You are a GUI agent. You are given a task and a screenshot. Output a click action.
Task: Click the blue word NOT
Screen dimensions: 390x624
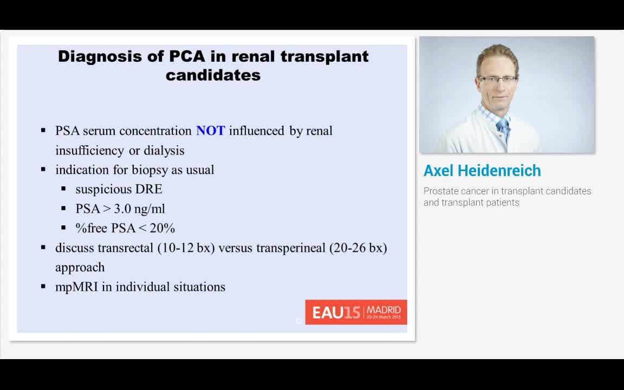(x=210, y=131)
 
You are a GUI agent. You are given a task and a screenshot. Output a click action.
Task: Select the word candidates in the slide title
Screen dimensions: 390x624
(x=213, y=75)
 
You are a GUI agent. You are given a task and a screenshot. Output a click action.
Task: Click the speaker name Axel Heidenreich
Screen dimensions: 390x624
(x=482, y=171)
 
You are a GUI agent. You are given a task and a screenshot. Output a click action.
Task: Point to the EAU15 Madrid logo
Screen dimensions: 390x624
(x=356, y=312)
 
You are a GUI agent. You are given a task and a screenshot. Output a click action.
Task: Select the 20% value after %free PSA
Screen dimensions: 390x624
(x=162, y=228)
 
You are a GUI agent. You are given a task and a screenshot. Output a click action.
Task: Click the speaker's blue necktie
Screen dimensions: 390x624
(x=503, y=130)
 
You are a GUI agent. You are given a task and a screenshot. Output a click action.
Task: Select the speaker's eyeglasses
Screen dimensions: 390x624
(x=497, y=79)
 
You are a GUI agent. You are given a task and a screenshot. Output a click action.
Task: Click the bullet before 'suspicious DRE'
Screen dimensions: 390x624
(x=63, y=189)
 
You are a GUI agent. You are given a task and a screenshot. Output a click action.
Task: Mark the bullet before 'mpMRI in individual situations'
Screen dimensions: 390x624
(x=43, y=287)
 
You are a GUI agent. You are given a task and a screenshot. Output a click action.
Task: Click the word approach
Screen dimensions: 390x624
(x=80, y=268)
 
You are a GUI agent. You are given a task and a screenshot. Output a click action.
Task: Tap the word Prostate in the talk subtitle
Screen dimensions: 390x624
(x=439, y=191)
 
